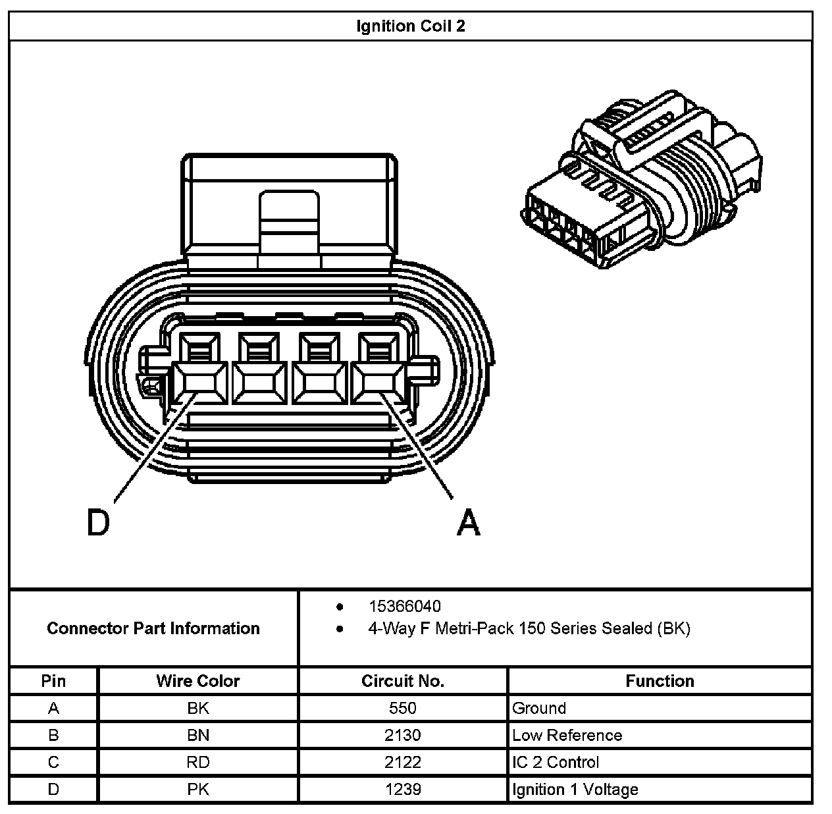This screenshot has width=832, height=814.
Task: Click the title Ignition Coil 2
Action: [x=410, y=26]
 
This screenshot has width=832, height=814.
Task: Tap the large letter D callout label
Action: [x=98, y=524]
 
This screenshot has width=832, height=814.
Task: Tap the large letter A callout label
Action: [x=469, y=524]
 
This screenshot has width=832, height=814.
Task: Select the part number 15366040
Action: [x=404, y=606]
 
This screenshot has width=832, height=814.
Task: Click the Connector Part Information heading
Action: [x=153, y=628]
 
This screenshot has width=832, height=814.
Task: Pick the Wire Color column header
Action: [x=197, y=681]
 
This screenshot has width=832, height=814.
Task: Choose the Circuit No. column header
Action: [x=402, y=681]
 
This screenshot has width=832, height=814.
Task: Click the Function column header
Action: [x=660, y=681]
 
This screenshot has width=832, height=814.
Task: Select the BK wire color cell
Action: [x=197, y=709]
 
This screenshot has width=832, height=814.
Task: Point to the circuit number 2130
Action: [x=402, y=736]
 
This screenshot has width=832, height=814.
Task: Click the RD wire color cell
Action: [x=197, y=763]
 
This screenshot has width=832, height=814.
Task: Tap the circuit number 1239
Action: [x=402, y=790]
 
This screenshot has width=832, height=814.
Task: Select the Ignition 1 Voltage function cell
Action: [x=575, y=790]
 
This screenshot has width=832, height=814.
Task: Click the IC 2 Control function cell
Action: [x=556, y=763]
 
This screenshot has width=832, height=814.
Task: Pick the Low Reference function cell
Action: [x=567, y=736]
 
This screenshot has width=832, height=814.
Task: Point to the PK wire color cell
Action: [x=197, y=790]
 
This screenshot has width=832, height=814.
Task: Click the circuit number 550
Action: [x=402, y=709]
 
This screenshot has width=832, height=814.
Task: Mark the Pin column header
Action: [x=53, y=681]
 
